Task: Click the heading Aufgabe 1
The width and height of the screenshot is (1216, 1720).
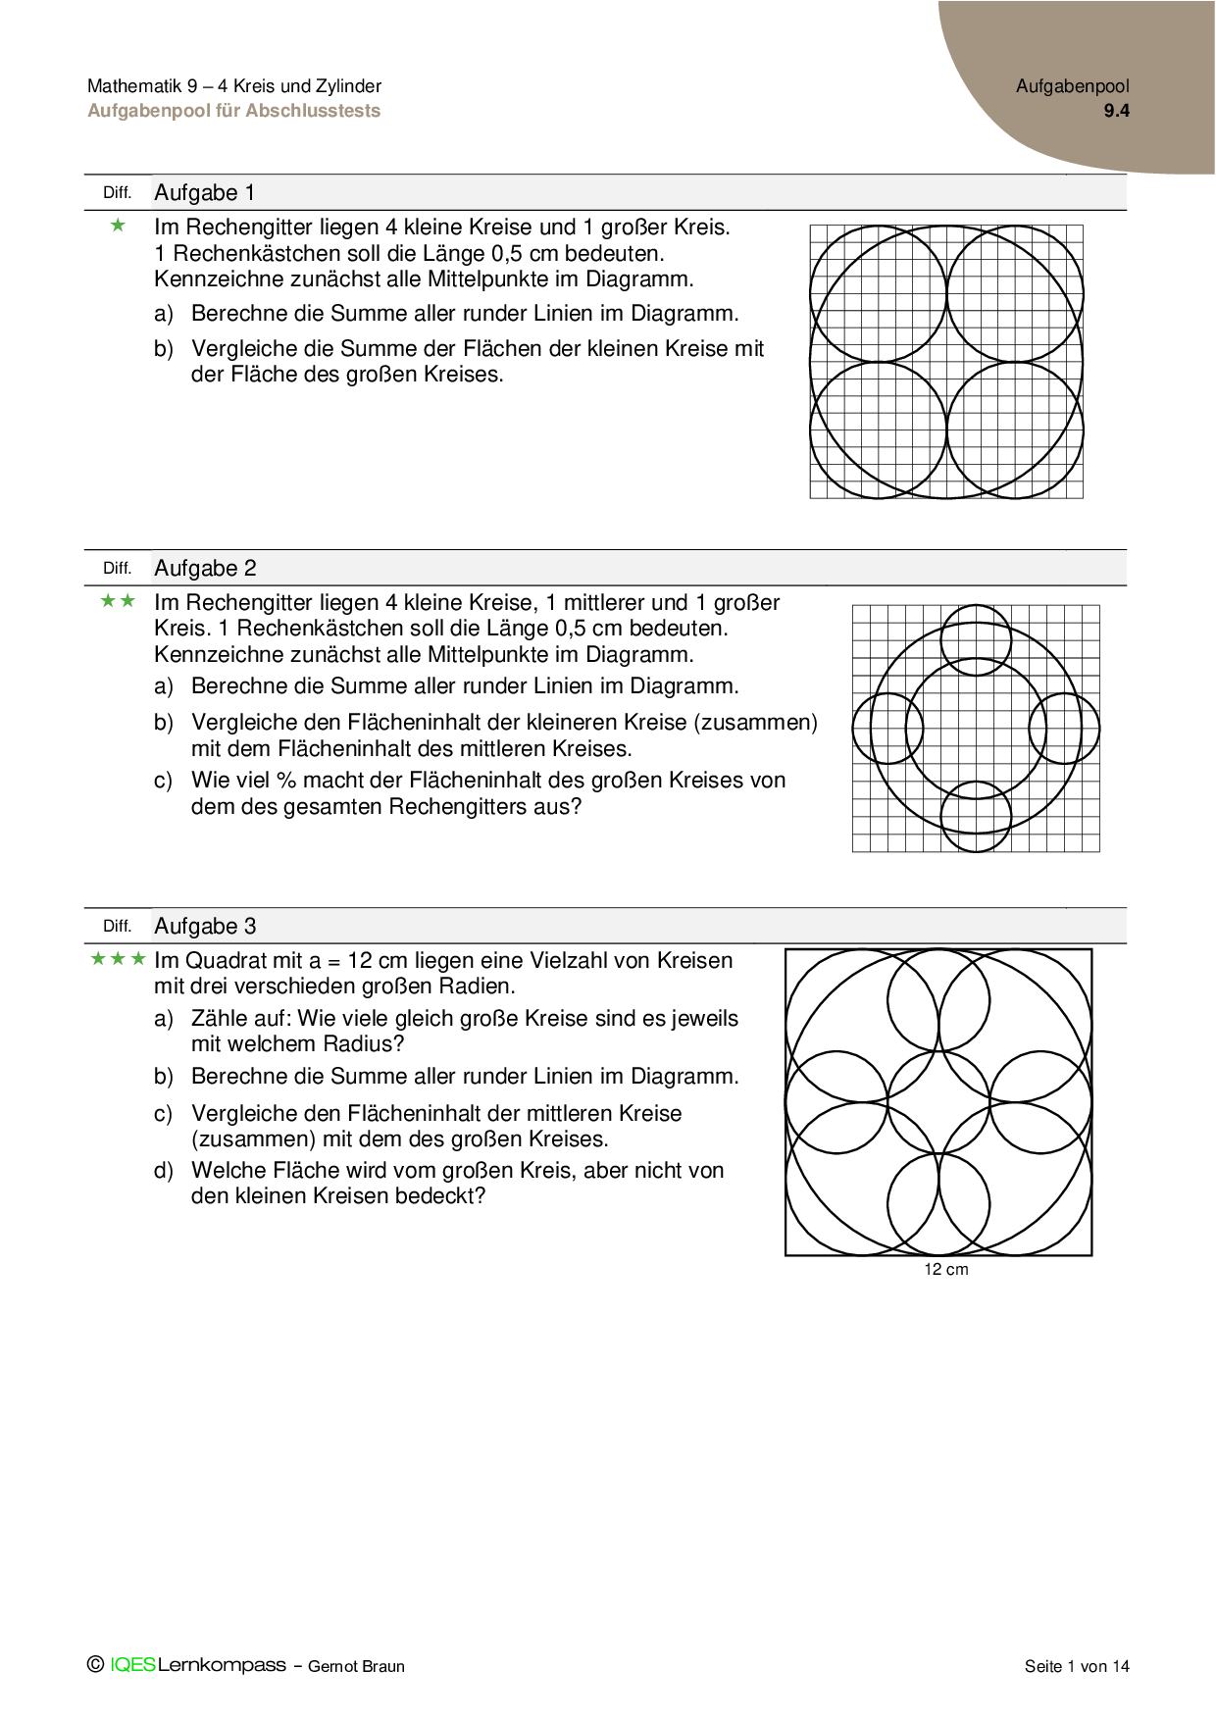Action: [204, 193]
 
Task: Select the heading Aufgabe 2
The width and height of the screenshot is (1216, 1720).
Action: [205, 569]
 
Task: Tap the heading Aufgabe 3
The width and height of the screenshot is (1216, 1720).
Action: [205, 927]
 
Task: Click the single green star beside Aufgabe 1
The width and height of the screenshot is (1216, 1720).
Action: [119, 227]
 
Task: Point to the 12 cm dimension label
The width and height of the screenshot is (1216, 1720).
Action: [945, 1270]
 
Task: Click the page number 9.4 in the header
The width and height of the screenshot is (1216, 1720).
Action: [1116, 111]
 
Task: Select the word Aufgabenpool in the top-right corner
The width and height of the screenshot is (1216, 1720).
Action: [1072, 86]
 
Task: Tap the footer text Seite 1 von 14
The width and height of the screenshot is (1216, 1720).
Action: [1077, 1666]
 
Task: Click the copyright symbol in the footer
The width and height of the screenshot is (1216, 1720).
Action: [95, 1664]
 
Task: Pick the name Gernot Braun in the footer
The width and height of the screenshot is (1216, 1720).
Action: [356, 1666]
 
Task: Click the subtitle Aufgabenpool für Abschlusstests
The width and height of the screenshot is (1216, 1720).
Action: [233, 111]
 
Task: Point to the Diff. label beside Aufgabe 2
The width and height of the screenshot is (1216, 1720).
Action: [117, 569]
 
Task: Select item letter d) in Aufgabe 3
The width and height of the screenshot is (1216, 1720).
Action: [163, 1171]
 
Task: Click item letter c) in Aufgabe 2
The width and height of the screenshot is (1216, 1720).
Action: [163, 782]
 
